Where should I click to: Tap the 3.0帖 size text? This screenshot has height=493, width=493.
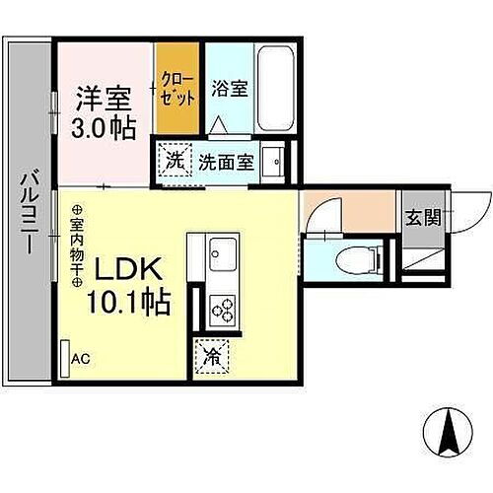tap(103, 130)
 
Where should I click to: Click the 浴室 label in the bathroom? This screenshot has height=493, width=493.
tap(229, 88)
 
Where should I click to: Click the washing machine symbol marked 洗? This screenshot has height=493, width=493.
tap(175, 160)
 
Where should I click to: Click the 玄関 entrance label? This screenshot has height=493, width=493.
tap(422, 218)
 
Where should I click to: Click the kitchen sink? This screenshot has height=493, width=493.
tap(222, 254)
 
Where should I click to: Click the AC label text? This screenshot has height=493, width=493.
tap(80, 359)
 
